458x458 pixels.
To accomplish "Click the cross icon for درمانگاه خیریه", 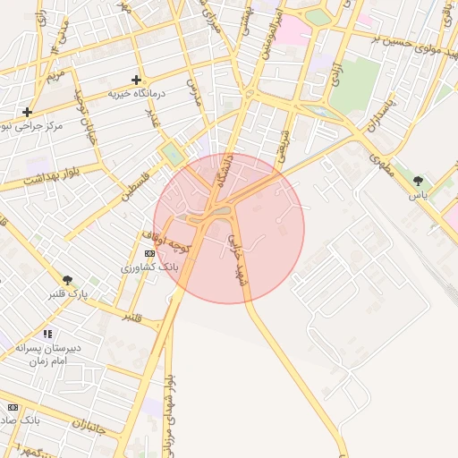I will (136, 80).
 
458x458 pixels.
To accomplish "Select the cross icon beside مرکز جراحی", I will (28, 112).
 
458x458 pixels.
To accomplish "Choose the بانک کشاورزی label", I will (150, 267).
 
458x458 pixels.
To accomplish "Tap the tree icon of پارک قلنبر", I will (67, 279).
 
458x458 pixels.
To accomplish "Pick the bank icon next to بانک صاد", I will (12, 407).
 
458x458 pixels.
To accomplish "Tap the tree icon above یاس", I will (418, 181).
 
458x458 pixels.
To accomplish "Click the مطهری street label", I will (385, 161).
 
